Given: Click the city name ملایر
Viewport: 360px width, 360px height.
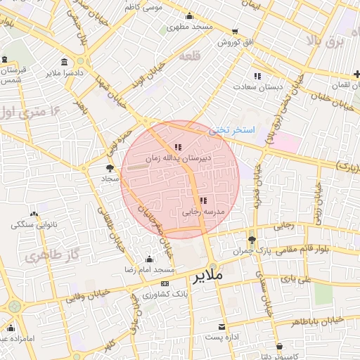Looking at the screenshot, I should pyautogui.click(x=205, y=276).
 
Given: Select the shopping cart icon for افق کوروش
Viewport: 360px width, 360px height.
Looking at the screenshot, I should pyautogui.click(x=235, y=32).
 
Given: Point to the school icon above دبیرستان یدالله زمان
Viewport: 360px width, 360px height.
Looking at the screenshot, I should pyautogui.click(x=178, y=147).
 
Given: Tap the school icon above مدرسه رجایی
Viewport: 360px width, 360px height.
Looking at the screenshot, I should pyautogui.click(x=203, y=200).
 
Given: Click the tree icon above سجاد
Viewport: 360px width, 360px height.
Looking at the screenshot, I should pyautogui.click(x=109, y=167).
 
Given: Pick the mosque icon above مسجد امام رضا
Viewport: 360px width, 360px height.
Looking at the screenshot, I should pyautogui.click(x=148, y=259).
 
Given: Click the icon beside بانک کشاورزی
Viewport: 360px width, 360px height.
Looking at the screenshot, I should pyautogui.click(x=165, y=283).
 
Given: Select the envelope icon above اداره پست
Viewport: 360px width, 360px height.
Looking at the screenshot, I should pyautogui.click(x=222, y=327).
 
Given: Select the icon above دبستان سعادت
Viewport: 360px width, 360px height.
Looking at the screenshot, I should pyautogui.click(x=257, y=75).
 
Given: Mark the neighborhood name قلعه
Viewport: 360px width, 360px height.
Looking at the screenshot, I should pyautogui.click(x=191, y=56).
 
